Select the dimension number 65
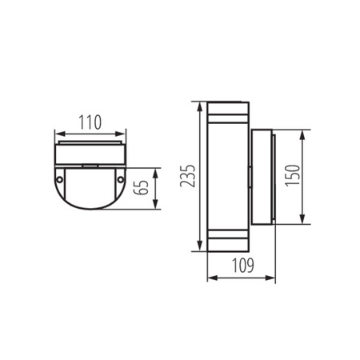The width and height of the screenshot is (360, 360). (141, 189)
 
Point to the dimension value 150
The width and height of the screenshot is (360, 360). (317, 177)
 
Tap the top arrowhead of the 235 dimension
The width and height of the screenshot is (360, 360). (197, 104)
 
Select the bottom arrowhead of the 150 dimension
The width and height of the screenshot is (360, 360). (303, 223)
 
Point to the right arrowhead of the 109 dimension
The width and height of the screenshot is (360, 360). (274, 278)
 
